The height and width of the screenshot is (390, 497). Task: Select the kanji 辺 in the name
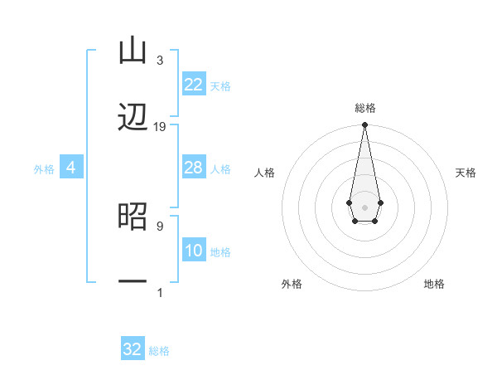133,119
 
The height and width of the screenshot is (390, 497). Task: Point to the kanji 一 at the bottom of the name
133,282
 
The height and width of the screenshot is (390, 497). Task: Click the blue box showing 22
194,85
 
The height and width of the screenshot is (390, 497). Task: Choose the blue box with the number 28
194,168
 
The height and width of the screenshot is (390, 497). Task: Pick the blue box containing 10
194,251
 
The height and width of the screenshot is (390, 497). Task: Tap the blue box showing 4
71,168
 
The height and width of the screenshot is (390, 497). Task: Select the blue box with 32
133,349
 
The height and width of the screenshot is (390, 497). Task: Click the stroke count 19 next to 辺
160,127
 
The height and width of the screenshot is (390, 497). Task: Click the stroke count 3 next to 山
160,61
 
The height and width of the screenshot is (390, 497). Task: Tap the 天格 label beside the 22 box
220,85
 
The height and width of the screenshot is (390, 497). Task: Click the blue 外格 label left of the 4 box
44,168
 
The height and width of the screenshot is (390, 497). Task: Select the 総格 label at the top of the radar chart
364,108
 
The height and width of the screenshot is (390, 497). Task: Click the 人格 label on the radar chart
265,173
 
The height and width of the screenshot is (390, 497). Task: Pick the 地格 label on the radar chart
434,284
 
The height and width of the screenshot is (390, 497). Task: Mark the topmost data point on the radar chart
364,125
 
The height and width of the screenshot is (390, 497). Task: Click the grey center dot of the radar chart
364,206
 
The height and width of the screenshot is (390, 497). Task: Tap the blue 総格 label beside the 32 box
159,350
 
